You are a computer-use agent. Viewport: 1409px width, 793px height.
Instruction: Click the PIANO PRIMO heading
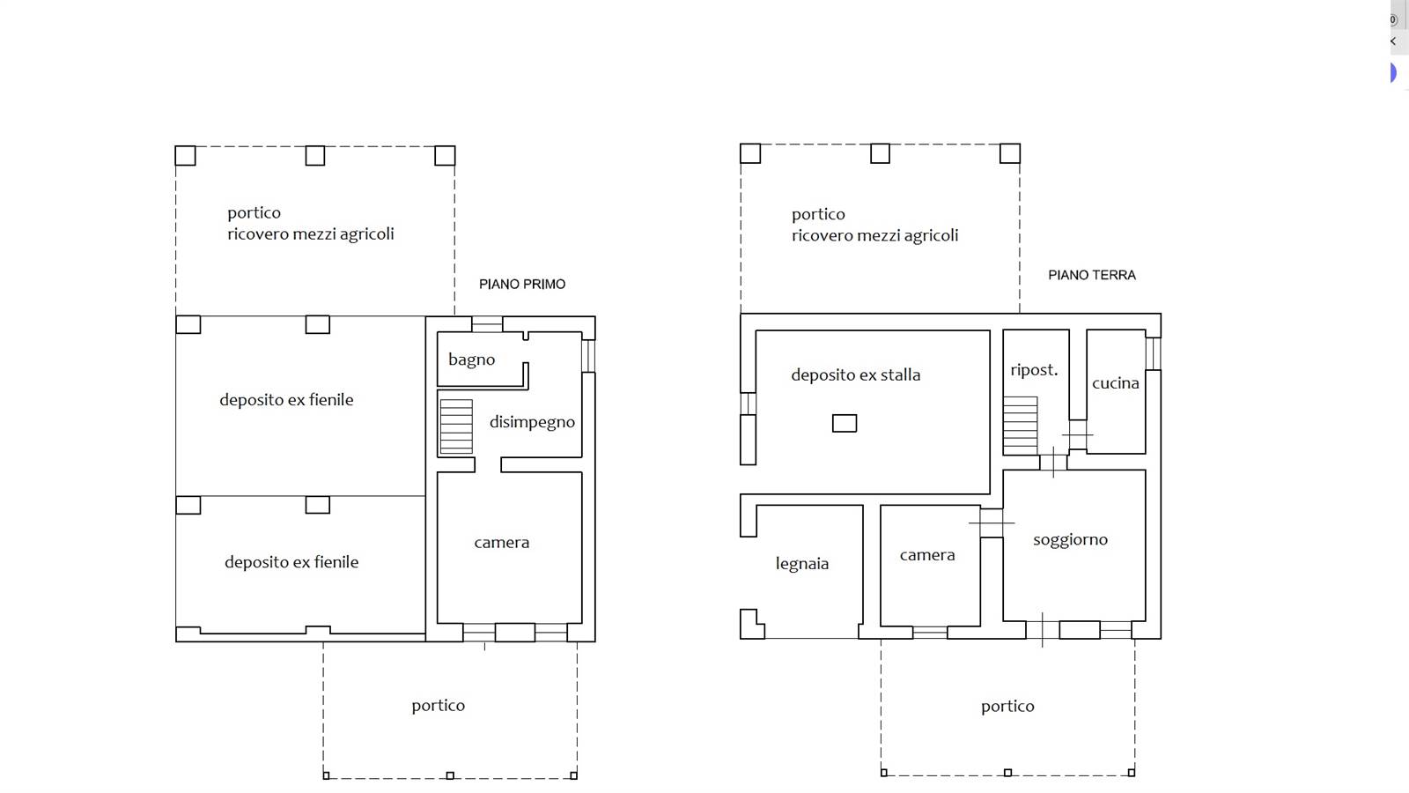[x=522, y=285]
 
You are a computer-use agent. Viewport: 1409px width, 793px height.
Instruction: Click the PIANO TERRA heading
[x=1092, y=275]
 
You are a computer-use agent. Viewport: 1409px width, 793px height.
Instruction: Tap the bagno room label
[x=472, y=360]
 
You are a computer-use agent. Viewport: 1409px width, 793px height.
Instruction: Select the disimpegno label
[x=532, y=422]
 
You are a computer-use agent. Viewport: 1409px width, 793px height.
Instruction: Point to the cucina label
[x=1115, y=383]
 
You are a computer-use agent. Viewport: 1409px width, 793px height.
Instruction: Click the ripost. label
[x=1034, y=370]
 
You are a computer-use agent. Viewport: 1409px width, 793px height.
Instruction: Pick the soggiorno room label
[x=1071, y=540]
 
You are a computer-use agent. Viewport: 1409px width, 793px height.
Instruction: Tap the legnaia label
[x=802, y=564]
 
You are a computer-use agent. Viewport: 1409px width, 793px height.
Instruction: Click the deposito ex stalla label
[x=855, y=375]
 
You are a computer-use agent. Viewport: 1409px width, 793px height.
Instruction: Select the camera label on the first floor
[x=502, y=543]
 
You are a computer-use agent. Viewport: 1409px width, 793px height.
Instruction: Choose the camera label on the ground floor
[x=927, y=555]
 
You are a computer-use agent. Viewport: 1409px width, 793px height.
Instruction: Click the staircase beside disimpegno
[x=456, y=426]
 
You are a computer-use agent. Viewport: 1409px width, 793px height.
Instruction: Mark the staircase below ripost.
[x=1021, y=426]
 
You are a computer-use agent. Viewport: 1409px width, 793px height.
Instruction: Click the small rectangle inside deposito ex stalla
[x=845, y=424]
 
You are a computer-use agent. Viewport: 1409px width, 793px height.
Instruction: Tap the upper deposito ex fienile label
[x=286, y=400]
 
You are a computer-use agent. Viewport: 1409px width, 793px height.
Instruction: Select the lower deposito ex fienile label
[x=291, y=563]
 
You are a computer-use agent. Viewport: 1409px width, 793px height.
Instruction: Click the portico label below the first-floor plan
[x=439, y=706]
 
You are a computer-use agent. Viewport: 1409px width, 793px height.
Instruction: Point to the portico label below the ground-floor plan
[x=1007, y=707]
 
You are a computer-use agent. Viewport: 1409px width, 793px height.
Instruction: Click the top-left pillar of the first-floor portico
[x=185, y=155]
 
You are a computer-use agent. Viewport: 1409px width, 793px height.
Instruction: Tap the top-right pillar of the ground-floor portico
[x=1010, y=153]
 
